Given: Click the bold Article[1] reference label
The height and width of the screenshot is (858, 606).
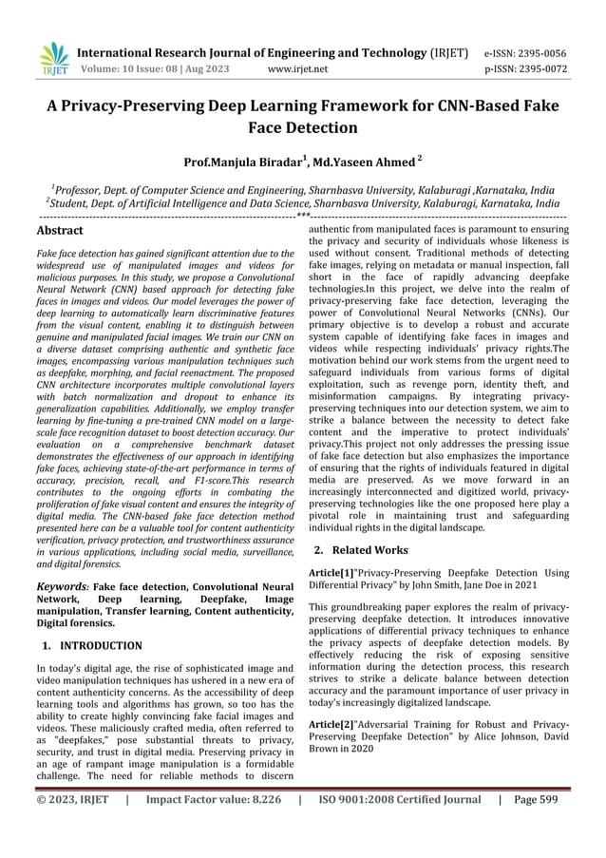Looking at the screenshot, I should pos(331,573).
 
